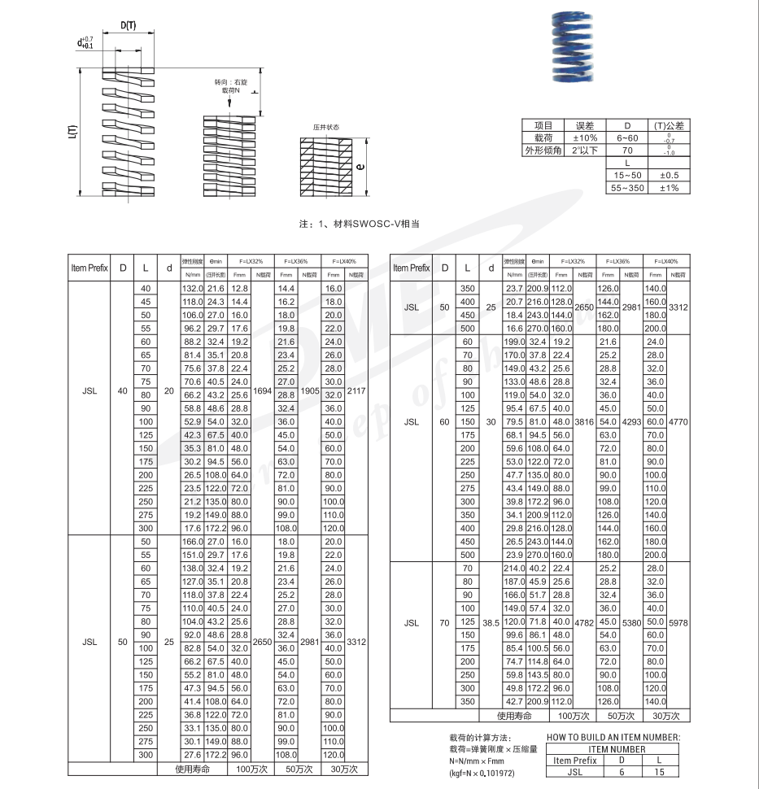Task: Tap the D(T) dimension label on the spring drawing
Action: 129,25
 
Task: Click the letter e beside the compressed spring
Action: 361,168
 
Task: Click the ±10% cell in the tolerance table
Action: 585,138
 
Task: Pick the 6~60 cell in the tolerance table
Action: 627,138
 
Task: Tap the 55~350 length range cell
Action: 627,188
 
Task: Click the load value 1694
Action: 262,390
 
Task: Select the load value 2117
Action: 356,390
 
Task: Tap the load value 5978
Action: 678,622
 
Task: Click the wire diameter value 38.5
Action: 491,622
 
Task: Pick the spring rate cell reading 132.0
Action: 191,289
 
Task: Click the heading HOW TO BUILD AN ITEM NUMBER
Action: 613,738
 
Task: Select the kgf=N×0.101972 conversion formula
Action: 482,774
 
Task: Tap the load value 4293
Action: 631,422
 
